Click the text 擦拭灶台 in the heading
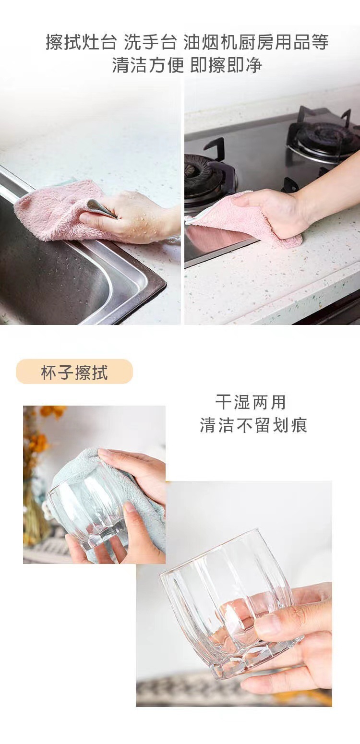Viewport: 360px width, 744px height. click(x=81, y=42)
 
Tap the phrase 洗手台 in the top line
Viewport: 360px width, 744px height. click(x=150, y=42)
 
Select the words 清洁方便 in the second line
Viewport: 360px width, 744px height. click(x=148, y=65)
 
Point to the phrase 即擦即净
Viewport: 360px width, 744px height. click(x=226, y=65)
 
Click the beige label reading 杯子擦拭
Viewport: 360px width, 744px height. click(x=74, y=372)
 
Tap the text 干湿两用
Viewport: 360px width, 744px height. click(x=251, y=402)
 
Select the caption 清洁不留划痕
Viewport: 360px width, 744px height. click(x=253, y=425)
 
